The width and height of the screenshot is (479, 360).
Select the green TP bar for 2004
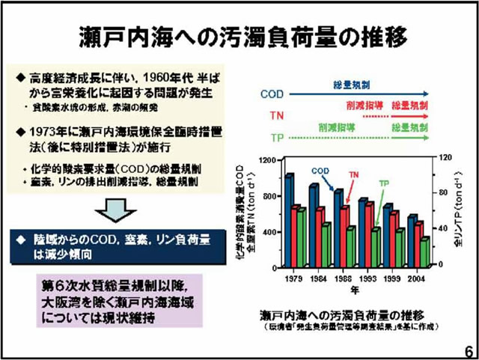pos(425,251)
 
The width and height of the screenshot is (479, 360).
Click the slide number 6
pos(468,350)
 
